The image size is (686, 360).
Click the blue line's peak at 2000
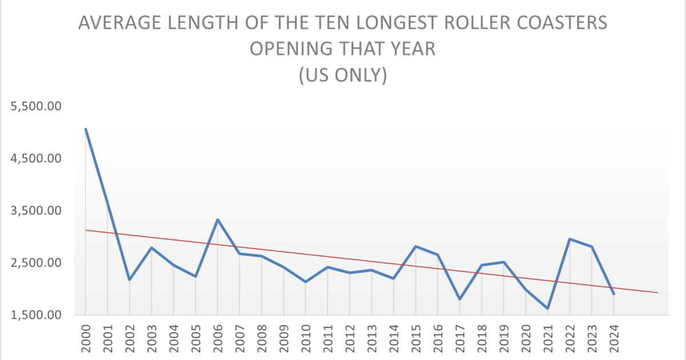pos(86,129)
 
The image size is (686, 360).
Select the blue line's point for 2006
pos(218,219)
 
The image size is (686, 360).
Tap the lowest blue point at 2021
pos(548,309)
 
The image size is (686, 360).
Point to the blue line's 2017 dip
pos(460,299)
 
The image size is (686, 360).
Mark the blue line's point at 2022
pos(569,239)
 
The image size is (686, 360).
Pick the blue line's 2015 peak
pos(416,246)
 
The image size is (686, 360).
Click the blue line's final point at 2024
pos(613,294)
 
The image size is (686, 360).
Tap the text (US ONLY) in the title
pos(343,75)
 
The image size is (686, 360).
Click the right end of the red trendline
pos(657,293)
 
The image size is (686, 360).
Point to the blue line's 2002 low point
pos(130,279)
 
